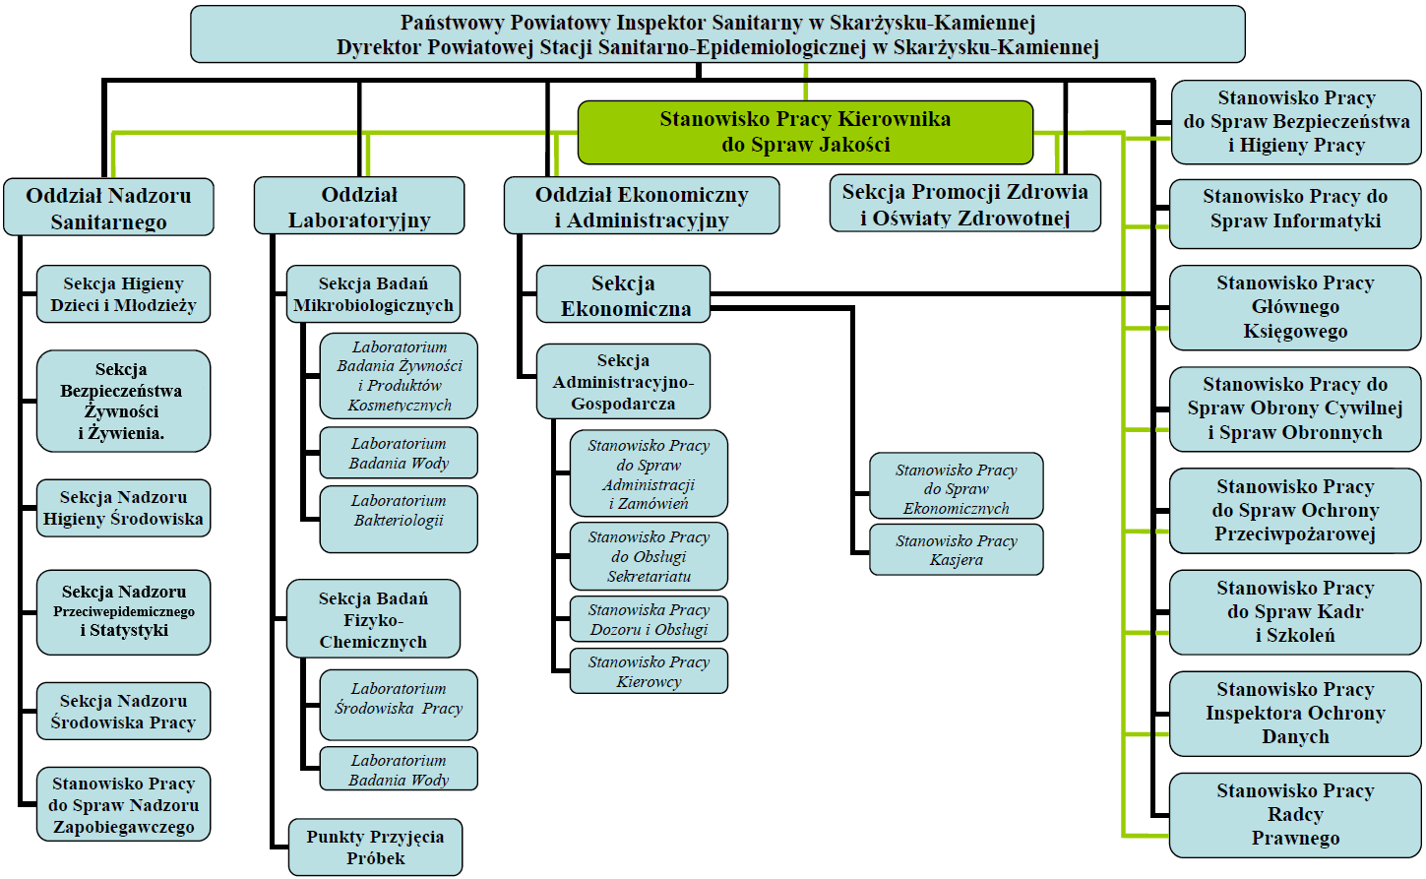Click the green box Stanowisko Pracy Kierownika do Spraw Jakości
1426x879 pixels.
[805, 132]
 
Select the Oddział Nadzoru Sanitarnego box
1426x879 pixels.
[108, 208]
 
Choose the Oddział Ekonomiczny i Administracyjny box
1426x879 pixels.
[642, 207]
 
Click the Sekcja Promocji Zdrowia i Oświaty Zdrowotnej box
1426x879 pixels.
[964, 204]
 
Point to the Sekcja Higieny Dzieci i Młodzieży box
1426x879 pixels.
[123, 294]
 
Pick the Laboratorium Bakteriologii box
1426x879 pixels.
[399, 518]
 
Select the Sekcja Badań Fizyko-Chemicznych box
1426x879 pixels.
[373, 620]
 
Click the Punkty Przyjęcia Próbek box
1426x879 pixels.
[375, 848]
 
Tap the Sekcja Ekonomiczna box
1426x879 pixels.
[623, 295]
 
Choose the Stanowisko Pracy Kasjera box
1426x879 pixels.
[956, 550]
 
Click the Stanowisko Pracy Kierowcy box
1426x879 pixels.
[649, 671]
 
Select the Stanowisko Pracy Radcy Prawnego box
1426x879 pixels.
[1295, 815]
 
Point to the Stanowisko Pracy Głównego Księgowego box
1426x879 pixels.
[1295, 308]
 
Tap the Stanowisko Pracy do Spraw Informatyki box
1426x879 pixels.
[1295, 209]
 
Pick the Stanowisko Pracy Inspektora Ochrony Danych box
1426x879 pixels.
[1295, 714]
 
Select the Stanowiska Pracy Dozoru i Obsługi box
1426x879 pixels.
[649, 620]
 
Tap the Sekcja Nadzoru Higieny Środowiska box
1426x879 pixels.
[123, 508]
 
